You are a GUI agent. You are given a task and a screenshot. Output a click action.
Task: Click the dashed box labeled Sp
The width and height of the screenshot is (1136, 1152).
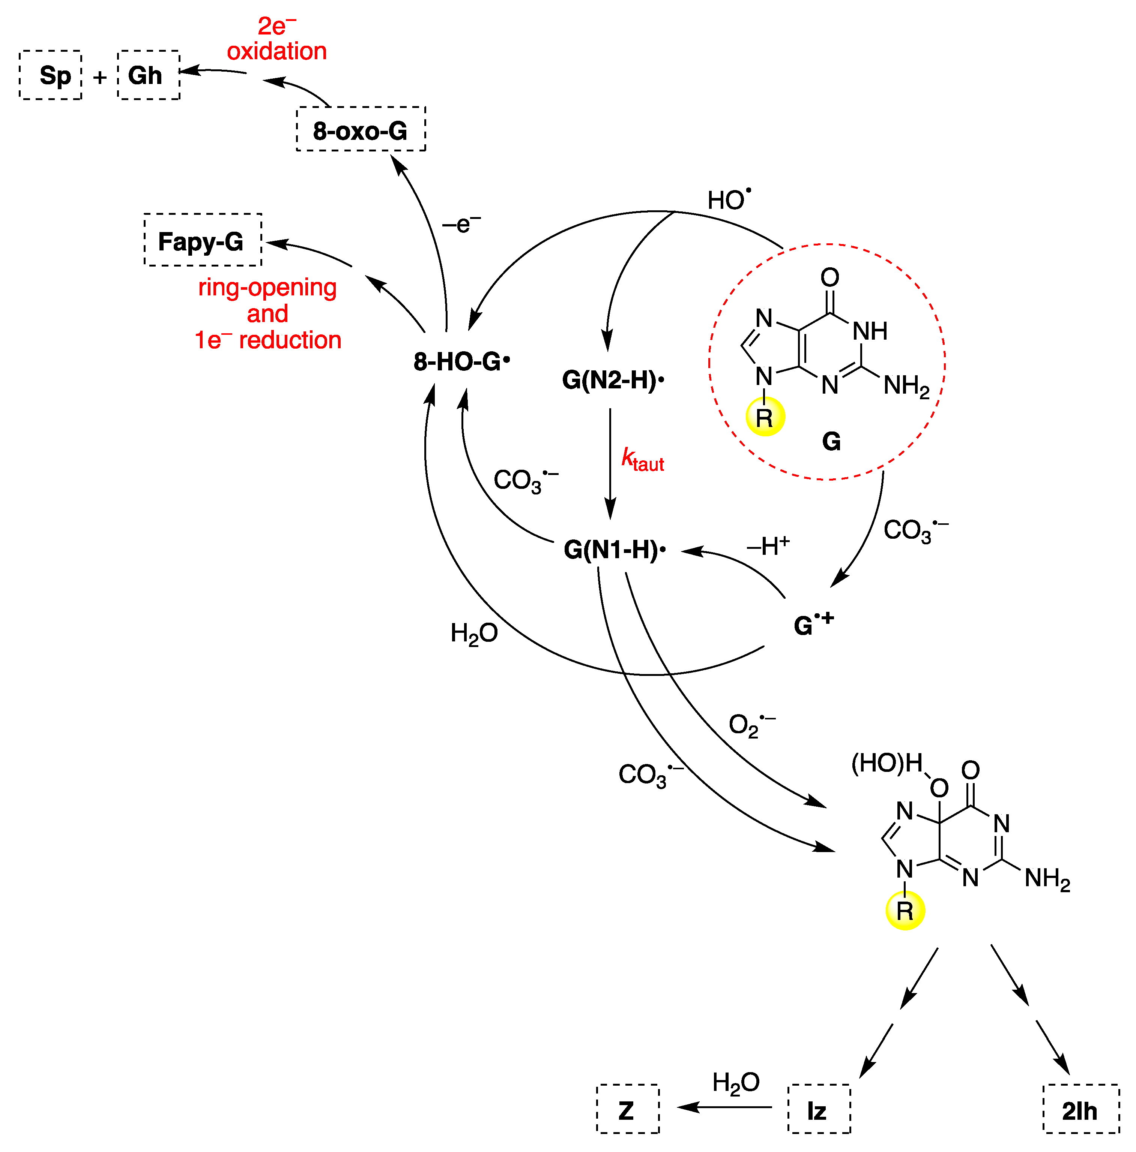tap(51, 75)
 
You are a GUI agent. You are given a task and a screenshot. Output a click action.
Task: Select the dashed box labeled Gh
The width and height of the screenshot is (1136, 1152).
tap(149, 75)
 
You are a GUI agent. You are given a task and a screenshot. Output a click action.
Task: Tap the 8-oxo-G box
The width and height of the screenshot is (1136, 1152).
tap(361, 129)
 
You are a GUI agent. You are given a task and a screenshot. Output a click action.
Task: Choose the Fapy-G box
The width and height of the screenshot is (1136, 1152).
tap(202, 240)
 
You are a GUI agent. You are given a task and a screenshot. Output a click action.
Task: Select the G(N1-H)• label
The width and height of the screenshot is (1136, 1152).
tap(615, 549)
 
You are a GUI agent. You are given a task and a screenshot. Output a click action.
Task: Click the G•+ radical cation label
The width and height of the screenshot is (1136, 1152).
tap(813, 624)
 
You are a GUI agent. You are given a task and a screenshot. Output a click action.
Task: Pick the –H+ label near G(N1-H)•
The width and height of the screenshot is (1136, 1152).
tap(768, 545)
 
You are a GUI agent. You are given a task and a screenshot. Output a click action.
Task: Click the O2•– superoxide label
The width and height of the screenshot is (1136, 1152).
tap(752, 725)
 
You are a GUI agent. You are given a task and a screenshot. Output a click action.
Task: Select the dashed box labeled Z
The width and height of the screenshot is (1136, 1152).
tap(628, 1110)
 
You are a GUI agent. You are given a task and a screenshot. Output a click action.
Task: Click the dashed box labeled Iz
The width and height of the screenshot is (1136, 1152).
tap(819, 1110)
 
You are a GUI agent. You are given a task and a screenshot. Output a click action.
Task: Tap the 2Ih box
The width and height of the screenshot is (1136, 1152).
tap(1080, 1110)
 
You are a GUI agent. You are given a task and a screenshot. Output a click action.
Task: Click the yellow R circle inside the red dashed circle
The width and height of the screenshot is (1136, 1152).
tap(765, 417)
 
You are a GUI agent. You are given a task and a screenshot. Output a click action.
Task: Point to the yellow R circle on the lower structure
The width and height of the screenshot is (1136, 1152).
tap(905, 911)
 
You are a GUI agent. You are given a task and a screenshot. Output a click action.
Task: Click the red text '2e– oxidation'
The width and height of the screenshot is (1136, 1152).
tap(277, 39)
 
